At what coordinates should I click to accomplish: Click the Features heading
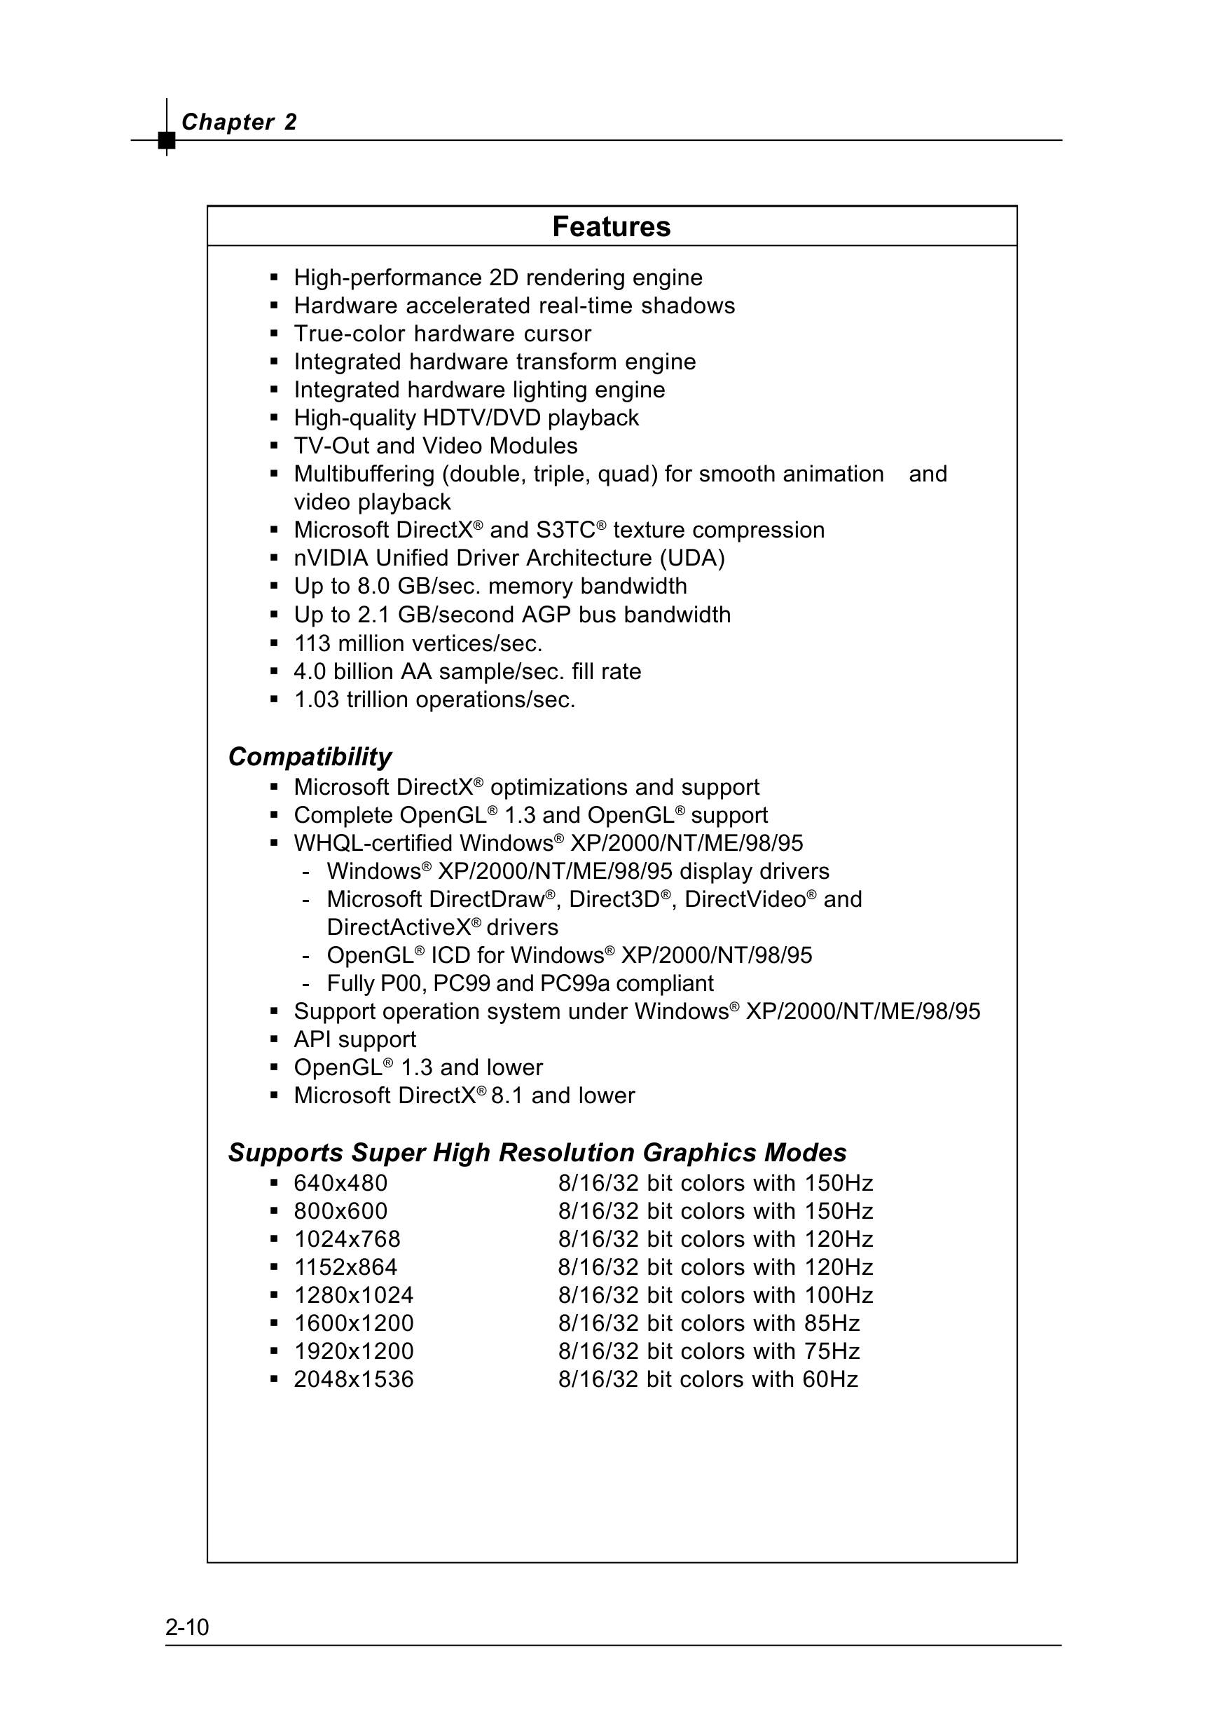[612, 226]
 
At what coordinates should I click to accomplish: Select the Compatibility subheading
[310, 756]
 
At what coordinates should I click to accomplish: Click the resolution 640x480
[340, 1183]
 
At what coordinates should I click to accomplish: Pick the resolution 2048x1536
[353, 1379]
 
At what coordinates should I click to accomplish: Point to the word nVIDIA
[331, 558]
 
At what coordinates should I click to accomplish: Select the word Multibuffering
[364, 474]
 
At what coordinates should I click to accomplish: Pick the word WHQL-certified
[373, 843]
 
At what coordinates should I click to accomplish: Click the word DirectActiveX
[399, 927]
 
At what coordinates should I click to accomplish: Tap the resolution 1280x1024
[353, 1296]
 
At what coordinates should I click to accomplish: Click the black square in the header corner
[167, 140]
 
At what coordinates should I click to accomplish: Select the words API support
[354, 1039]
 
